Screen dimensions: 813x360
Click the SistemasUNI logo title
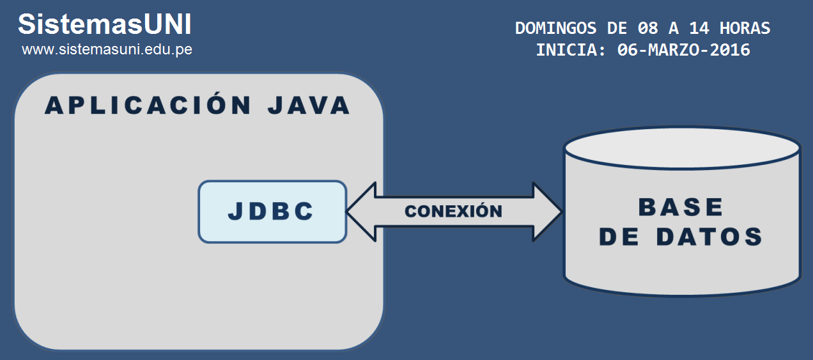[105, 24]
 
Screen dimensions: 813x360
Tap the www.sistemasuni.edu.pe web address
[107, 49]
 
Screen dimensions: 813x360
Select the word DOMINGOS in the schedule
[555, 28]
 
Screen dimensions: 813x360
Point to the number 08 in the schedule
[648, 28]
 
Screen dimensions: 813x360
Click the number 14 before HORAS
[699, 28]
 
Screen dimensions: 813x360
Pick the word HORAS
[745, 28]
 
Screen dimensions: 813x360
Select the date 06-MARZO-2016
[683, 50]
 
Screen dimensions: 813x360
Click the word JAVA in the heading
[309, 106]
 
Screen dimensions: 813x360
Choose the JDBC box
[272, 212]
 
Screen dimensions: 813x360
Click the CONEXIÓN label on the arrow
[454, 212]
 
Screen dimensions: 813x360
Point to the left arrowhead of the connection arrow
[361, 212]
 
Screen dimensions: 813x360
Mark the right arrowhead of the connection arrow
[548, 212]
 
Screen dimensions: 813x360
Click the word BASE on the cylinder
[681, 207]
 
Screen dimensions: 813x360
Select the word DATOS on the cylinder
[709, 237]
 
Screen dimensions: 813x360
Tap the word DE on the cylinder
[619, 237]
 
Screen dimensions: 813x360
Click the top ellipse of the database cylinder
[682, 148]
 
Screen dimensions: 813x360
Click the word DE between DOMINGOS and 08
[617, 28]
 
